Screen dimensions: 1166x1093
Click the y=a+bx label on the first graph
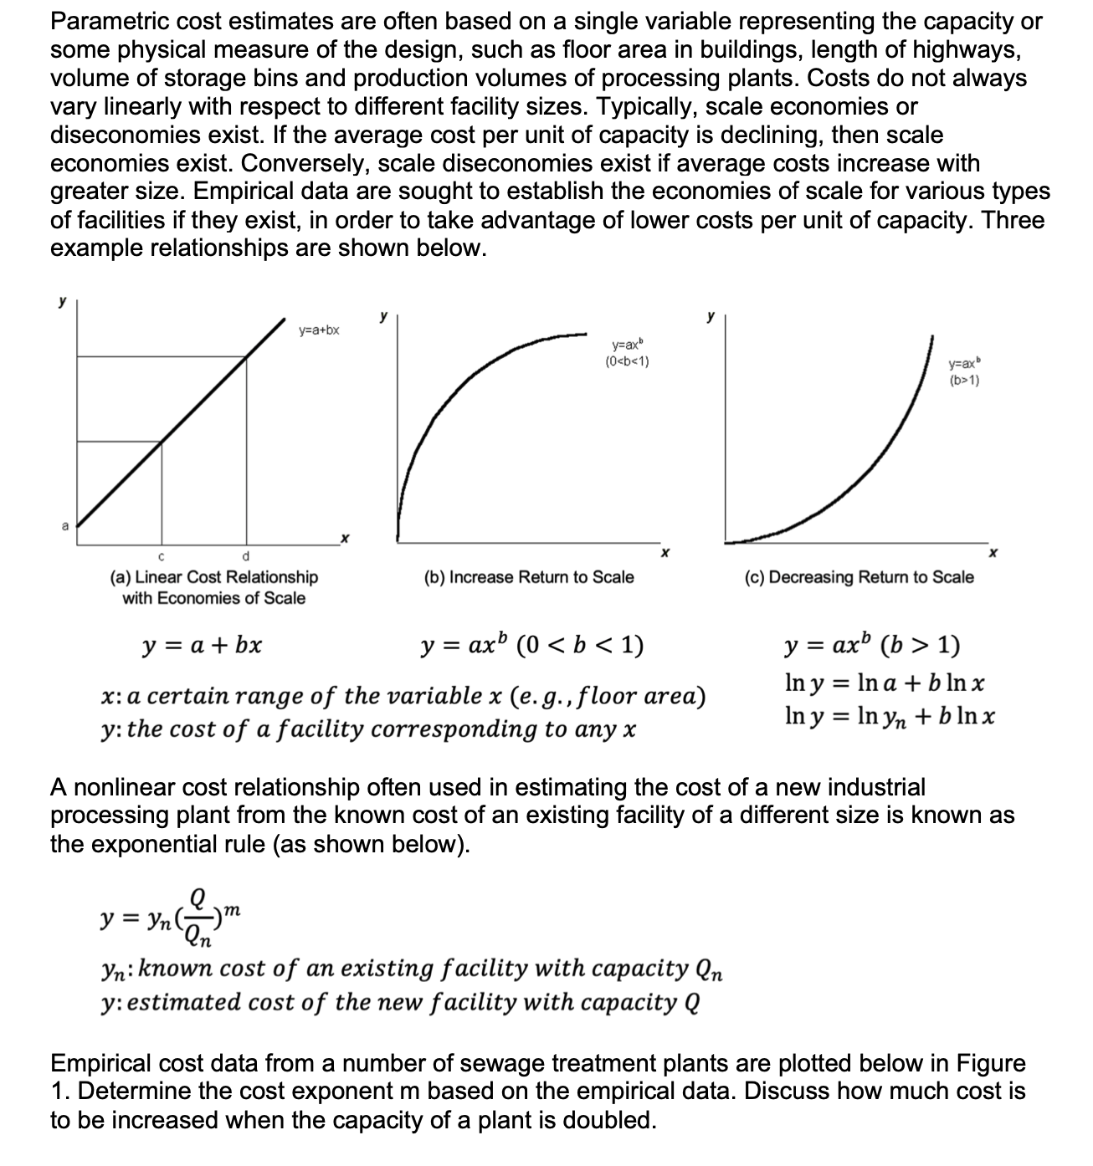pos(319,330)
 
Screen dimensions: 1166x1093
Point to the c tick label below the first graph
pos(161,556)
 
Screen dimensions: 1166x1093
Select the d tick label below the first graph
pos(245,556)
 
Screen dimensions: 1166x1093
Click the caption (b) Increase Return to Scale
pos(529,577)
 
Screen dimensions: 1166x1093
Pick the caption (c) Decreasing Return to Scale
pos(859,577)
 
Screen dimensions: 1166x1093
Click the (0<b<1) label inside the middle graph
pos(627,361)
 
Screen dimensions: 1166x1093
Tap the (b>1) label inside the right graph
pos(965,381)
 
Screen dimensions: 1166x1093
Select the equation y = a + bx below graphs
pos(202,646)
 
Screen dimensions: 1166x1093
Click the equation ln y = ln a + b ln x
pos(885,683)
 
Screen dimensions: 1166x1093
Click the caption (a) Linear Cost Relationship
pos(214,577)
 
